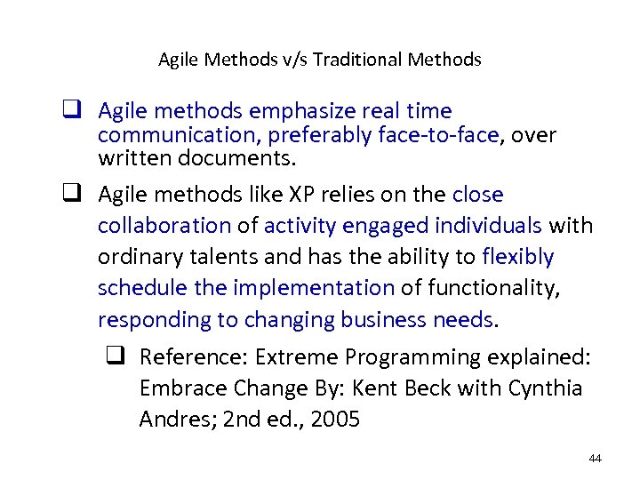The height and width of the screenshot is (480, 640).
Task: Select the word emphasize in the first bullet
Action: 303,111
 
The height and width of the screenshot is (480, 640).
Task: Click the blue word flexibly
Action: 517,257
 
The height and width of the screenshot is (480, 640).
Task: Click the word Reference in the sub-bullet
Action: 193,357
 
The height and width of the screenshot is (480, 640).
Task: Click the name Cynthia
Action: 545,388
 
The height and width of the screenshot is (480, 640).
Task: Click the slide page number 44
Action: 595,459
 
